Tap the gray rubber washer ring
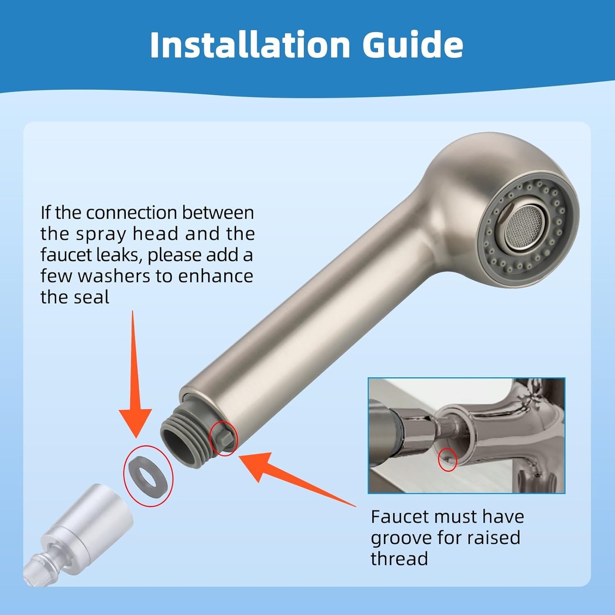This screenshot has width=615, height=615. (148, 476)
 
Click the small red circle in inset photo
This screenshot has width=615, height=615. (448, 460)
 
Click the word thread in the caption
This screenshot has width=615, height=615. (399, 558)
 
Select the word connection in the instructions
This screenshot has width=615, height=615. (132, 212)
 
